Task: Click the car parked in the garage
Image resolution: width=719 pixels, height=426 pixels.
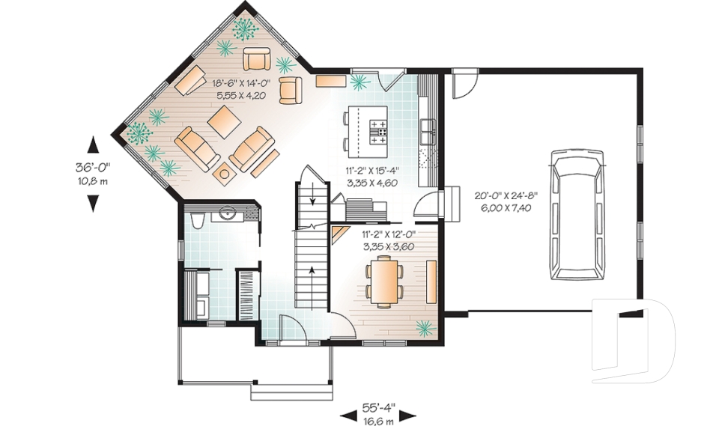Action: (576, 213)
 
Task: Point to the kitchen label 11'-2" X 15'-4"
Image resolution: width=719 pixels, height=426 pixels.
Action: (371, 171)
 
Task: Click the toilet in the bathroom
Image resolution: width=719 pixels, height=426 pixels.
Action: (196, 219)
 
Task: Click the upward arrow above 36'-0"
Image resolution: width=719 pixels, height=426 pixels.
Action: (93, 144)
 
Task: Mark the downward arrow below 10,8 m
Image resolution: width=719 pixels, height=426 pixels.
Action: (93, 201)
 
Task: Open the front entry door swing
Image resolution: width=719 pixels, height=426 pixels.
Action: (291, 328)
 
